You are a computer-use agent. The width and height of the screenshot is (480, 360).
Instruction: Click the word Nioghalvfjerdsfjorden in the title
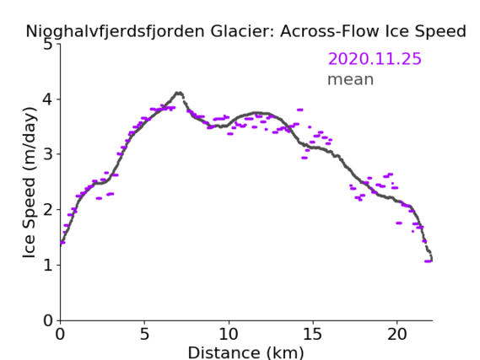115,31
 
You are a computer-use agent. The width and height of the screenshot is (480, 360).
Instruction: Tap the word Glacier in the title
241,31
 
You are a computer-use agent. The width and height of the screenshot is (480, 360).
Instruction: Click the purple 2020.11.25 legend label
375,59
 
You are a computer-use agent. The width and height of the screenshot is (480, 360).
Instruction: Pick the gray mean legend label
351,79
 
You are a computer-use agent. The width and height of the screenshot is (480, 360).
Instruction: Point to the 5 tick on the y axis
48,45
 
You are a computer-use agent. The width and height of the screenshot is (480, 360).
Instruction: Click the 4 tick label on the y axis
48,99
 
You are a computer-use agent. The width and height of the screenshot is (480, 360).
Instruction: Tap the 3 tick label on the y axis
48,154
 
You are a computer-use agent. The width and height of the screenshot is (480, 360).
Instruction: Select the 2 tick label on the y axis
48,210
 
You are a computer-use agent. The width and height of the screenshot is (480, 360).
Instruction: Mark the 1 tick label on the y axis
48,265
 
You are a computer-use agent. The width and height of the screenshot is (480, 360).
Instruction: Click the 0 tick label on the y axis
48,320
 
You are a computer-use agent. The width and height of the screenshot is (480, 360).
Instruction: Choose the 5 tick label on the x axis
144,334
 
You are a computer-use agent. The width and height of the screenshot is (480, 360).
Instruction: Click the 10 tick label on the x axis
229,334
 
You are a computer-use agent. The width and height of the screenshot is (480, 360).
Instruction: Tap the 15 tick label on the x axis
313,334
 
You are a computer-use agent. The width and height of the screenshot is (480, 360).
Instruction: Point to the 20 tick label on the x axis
396,334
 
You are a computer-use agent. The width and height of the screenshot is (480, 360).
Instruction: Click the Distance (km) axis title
245,352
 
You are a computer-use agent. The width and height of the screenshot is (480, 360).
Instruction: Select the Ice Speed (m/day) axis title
30,183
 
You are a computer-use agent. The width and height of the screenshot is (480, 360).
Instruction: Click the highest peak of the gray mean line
179,93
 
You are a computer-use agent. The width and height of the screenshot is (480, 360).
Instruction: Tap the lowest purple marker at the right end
428,261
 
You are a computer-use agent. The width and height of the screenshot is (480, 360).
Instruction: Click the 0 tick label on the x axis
60,334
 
